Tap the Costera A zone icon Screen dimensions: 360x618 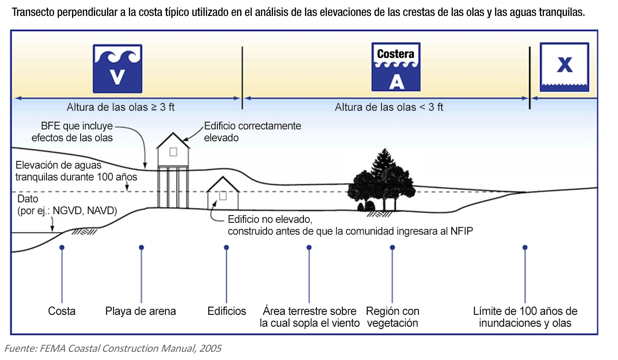coord(396,67)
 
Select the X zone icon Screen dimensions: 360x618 coord(564,67)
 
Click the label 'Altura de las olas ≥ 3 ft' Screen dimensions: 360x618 coord(121,108)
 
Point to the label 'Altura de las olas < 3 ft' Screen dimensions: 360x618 coord(389,108)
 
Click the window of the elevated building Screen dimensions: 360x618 coord(173,153)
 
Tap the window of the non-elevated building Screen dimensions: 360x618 coord(223,195)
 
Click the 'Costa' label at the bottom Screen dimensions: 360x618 coord(62,311)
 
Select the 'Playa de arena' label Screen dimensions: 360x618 coord(141,311)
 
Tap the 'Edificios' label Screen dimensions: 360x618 coord(227,311)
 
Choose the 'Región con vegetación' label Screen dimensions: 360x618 coord(392,317)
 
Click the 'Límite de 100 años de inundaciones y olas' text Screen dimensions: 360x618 coord(525,317)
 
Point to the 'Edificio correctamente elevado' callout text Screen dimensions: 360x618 coord(252,131)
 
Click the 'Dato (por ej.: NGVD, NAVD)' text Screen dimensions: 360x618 coord(67,205)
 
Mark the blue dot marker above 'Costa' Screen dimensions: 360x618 coord(62,247)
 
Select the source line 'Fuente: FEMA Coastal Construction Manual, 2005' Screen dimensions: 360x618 coord(113,349)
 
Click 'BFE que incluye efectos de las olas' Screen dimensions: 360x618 coord(72,131)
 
